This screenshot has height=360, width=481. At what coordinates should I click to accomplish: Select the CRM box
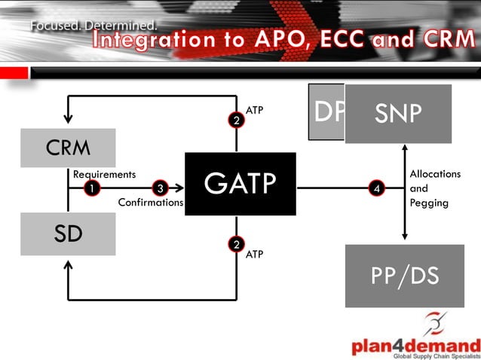tap(68, 148)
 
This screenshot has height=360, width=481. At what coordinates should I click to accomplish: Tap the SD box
tap(68, 233)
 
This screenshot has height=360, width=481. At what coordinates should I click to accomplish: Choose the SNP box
tap(398, 114)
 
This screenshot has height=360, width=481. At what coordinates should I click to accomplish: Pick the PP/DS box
tap(405, 276)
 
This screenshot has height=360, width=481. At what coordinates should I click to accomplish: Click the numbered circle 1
tap(91, 188)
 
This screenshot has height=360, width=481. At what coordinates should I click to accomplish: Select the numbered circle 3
tap(160, 188)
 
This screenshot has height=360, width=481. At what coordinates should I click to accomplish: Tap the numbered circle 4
tap(378, 188)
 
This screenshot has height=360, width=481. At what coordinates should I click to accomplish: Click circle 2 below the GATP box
tap(237, 243)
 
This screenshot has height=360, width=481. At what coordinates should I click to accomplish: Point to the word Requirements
tap(104, 174)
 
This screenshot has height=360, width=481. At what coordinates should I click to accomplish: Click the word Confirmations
tap(151, 203)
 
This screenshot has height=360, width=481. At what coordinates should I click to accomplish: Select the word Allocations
tap(435, 174)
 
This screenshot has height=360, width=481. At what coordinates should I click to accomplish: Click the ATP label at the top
tap(255, 110)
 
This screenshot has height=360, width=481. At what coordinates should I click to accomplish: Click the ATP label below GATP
tap(255, 255)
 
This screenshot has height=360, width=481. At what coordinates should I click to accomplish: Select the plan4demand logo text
tap(416, 346)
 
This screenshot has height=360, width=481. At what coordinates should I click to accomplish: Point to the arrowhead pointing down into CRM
tap(69, 118)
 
